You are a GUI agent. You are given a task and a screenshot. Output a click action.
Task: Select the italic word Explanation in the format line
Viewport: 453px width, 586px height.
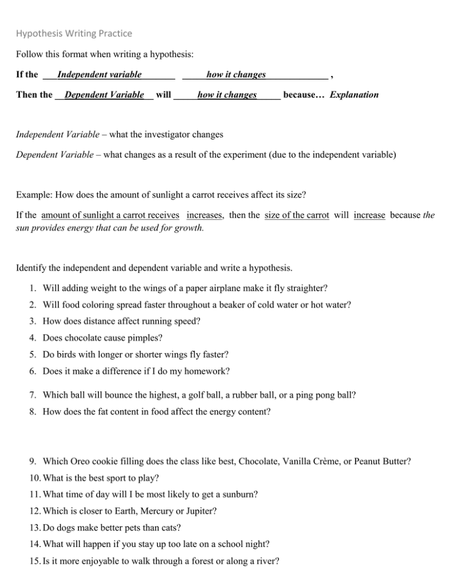click(354, 94)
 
